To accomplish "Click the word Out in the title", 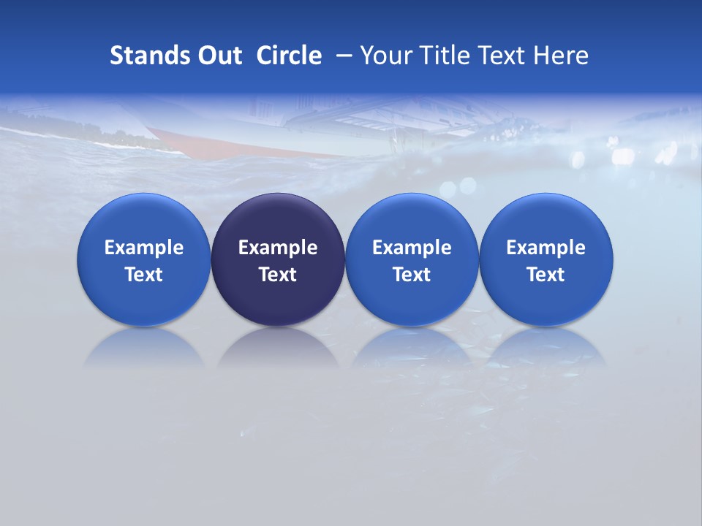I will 219,56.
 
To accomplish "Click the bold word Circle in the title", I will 289,56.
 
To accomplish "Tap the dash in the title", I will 344,56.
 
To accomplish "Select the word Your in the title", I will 384,56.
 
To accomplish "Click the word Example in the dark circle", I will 278,248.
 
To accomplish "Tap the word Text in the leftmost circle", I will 144,275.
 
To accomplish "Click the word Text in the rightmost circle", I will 546,275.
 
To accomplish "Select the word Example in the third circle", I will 412,248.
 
